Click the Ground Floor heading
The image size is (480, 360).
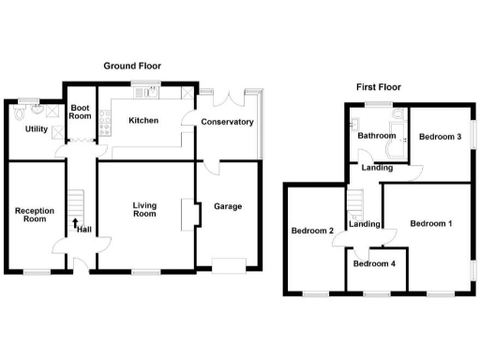(131, 66)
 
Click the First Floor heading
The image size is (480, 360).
(378, 87)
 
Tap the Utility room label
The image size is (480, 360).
(37, 129)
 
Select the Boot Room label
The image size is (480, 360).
(81, 112)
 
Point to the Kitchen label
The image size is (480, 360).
(143, 120)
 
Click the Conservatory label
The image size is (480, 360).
(226, 122)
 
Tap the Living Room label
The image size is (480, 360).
(143, 209)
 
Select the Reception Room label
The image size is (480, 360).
(34, 215)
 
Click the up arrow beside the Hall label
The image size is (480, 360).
(75, 225)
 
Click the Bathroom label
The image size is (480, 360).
(376, 136)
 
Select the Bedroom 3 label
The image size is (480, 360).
(440, 137)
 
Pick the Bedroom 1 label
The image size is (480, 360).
(431, 223)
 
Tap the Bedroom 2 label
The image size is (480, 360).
(312, 231)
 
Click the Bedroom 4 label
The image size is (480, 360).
(374, 263)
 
